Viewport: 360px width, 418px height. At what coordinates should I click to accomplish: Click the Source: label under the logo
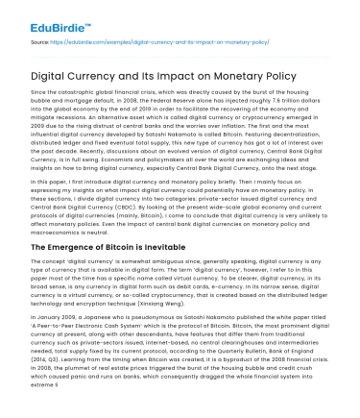tap(41, 41)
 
